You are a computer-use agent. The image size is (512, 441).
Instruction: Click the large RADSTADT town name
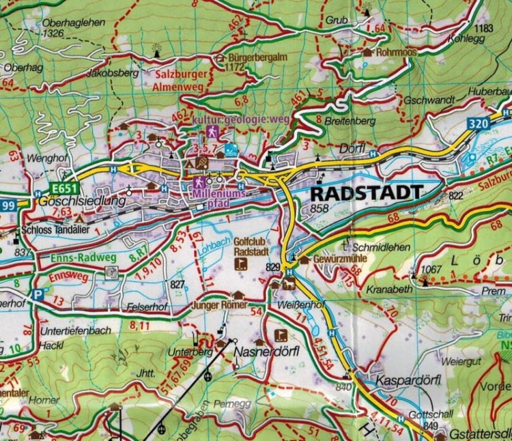click(x=366, y=193)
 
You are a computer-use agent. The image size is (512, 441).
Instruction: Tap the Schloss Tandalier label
click(x=53, y=230)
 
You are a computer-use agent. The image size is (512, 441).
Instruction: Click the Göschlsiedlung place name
click(x=73, y=203)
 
